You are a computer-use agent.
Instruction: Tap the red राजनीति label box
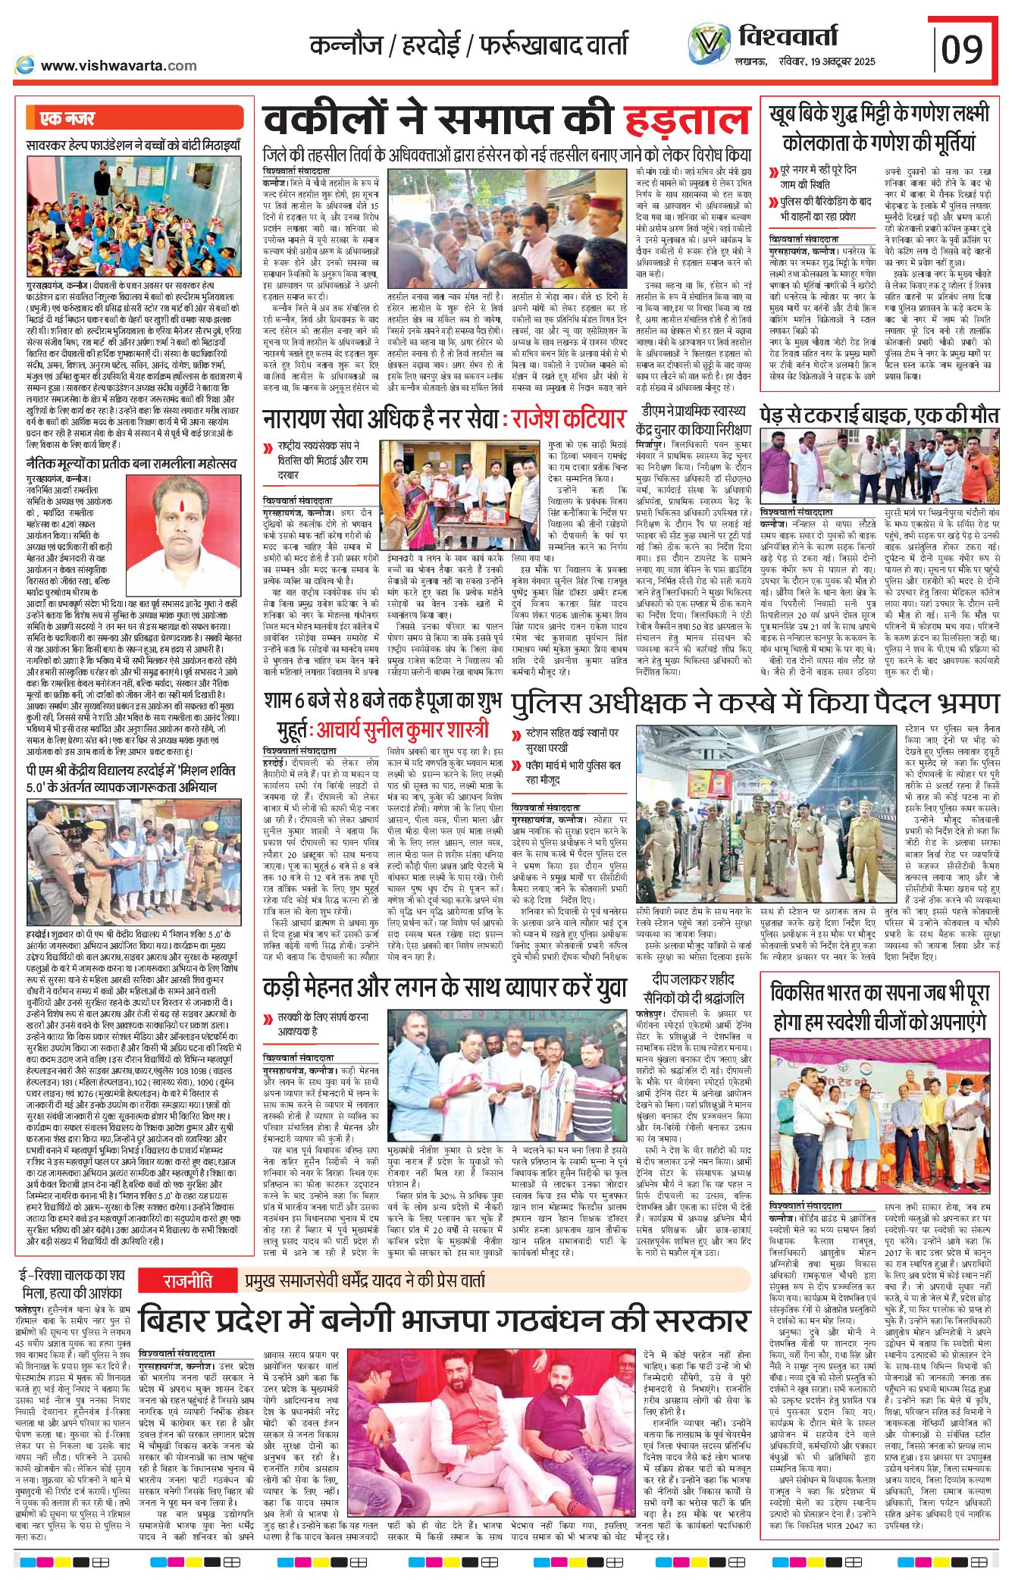[187, 1281]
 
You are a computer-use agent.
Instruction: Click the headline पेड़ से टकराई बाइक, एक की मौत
[879, 415]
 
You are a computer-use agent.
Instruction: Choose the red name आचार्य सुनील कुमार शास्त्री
[403, 731]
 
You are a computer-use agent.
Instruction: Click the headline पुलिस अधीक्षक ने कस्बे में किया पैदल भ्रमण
[755, 704]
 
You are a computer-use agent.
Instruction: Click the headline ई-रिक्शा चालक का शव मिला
[72, 1283]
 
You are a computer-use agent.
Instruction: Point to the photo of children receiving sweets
[134, 217]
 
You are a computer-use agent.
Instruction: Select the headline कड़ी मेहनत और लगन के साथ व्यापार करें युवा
[445, 988]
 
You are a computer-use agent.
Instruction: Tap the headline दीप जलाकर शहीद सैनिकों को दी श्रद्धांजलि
[694, 988]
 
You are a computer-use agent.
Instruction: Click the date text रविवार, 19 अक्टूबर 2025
[827, 61]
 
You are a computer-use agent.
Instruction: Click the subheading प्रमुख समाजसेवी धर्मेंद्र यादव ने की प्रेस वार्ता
[365, 1281]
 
